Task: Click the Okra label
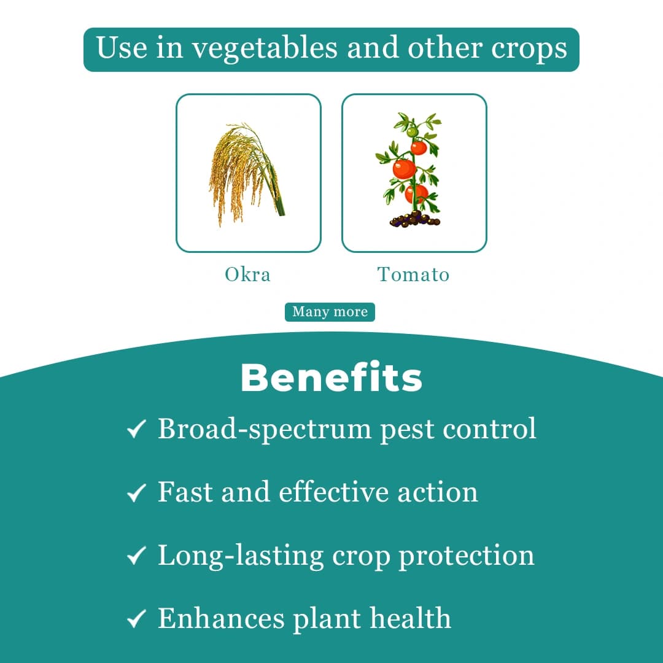coord(247,274)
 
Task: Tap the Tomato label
coord(413,274)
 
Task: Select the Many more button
coord(330,312)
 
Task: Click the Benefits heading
coord(331,378)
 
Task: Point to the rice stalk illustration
coord(246,172)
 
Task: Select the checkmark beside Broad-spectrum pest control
coord(136,429)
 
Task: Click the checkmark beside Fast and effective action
coord(136,492)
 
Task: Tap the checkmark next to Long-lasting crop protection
coord(136,556)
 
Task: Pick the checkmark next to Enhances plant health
coord(136,619)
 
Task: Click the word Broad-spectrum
coord(265,428)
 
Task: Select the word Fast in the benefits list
coord(184,492)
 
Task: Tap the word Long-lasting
coord(240,556)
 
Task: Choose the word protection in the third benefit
coord(467,556)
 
